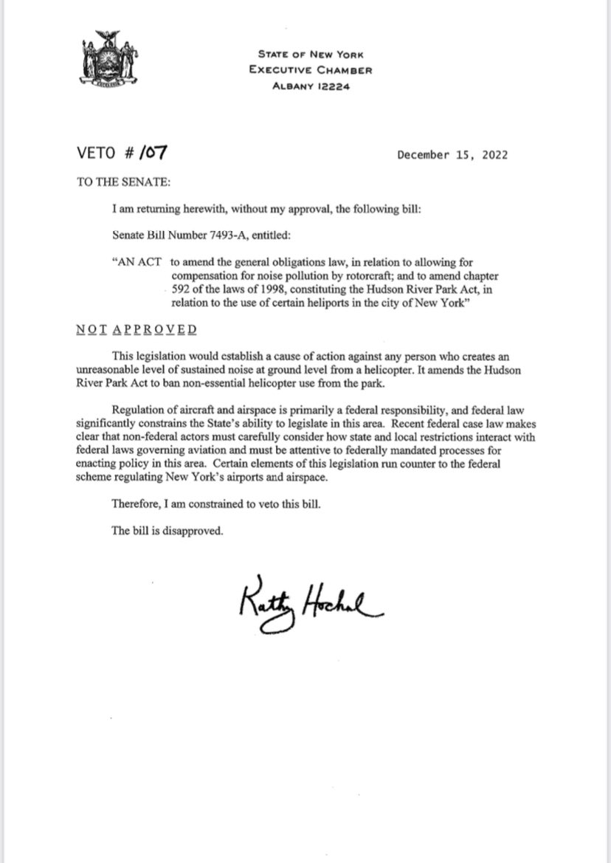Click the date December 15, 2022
click(452, 155)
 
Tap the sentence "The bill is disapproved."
click(166, 530)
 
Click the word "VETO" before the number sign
click(97, 155)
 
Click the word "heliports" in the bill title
click(334, 303)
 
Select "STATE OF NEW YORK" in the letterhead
click(310, 54)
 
